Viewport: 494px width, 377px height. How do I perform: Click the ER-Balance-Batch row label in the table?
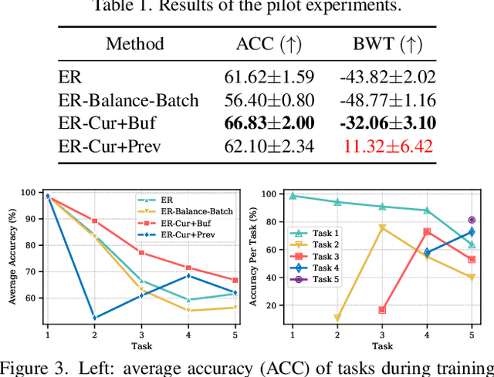pyautogui.click(x=128, y=99)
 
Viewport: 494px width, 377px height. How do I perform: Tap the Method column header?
pyautogui.click(x=135, y=43)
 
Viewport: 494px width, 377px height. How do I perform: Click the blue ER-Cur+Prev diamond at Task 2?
pyautogui.click(x=95, y=318)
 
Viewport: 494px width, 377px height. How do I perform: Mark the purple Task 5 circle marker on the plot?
pyautogui.click(x=472, y=220)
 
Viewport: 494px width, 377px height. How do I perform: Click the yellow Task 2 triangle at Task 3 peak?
pyautogui.click(x=382, y=228)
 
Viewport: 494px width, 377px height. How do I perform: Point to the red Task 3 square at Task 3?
pyautogui.click(x=382, y=310)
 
